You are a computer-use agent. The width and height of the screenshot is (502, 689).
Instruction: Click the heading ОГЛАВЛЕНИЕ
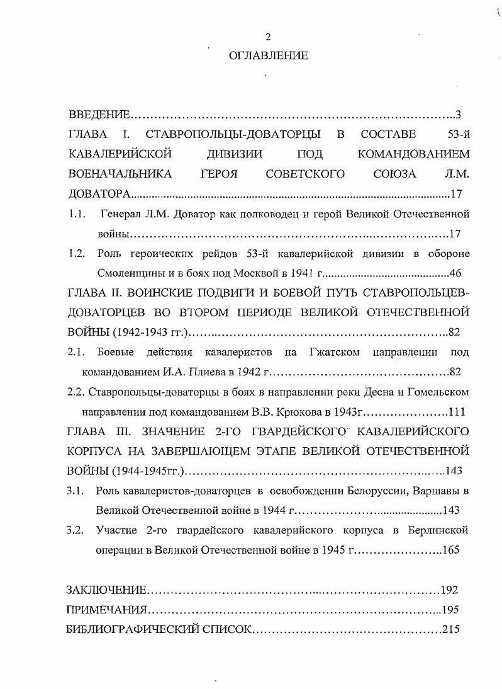coord(268,55)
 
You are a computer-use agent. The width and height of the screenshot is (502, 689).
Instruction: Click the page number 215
coord(452,629)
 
